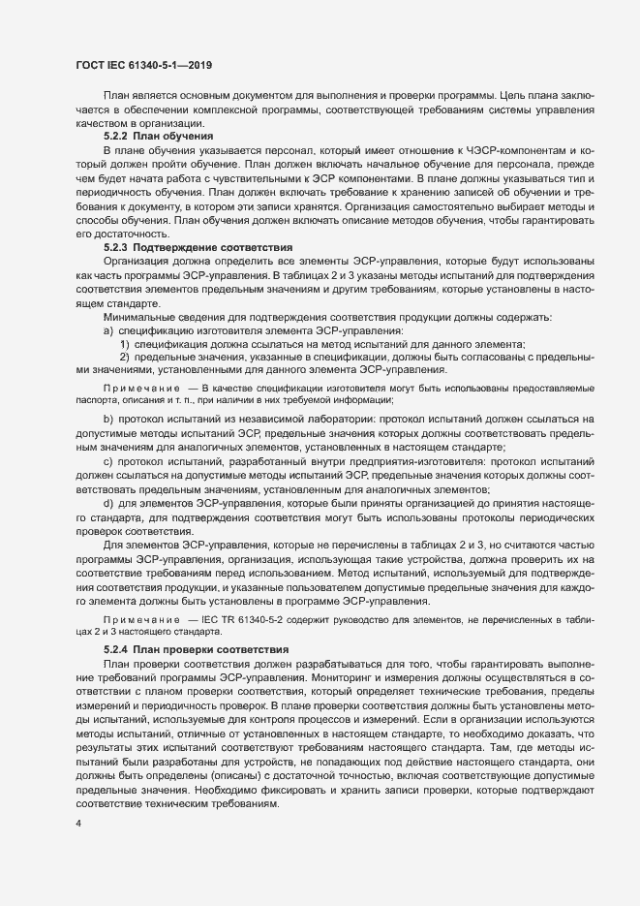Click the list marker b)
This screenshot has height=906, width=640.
[x=108, y=419]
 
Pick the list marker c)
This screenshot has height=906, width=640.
[x=108, y=461]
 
